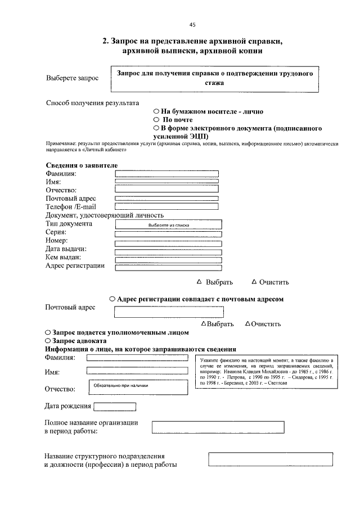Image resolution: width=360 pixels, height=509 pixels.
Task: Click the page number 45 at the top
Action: click(x=192, y=25)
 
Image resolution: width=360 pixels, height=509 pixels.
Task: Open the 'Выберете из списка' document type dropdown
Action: click(x=168, y=224)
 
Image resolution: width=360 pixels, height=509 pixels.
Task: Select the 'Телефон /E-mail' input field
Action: click(x=166, y=207)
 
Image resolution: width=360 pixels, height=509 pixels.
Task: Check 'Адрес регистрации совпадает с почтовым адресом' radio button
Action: click(x=112, y=299)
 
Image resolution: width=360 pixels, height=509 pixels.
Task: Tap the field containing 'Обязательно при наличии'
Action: click(x=137, y=386)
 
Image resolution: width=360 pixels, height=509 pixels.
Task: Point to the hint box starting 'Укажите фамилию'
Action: click(x=267, y=372)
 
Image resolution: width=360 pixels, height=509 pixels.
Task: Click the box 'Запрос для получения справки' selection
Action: click(x=214, y=79)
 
